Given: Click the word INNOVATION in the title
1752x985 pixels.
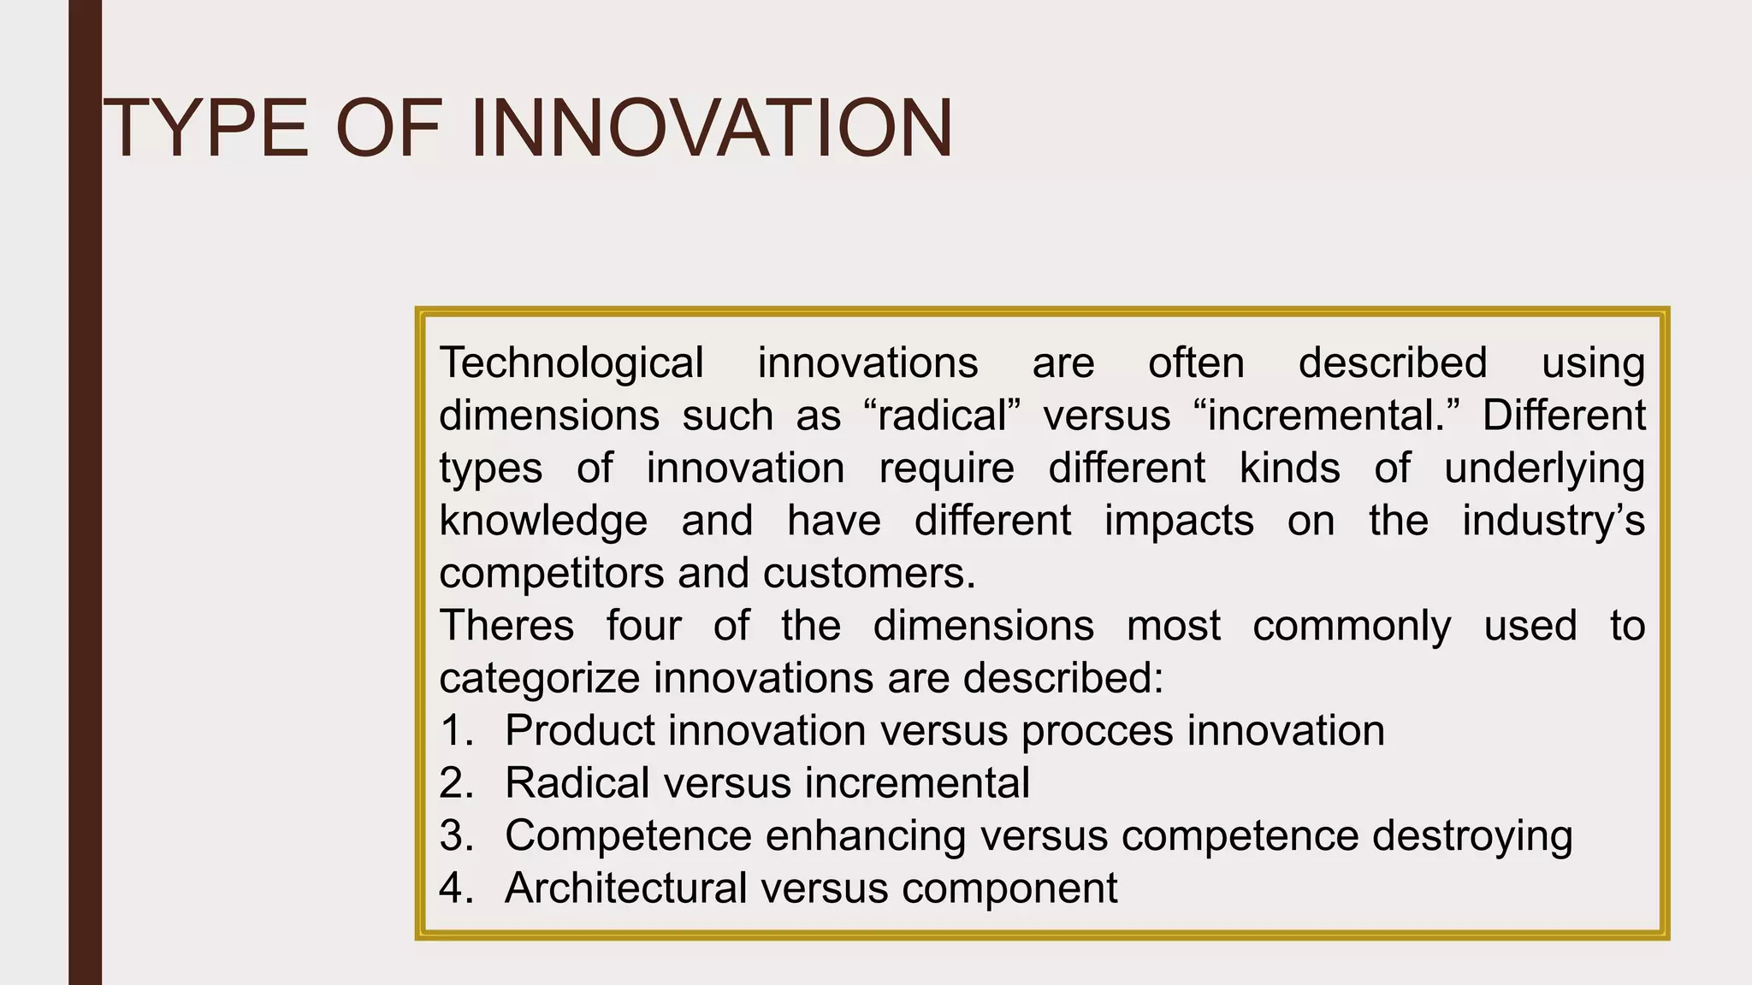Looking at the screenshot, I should [x=712, y=129].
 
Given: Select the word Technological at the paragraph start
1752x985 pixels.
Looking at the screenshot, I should [x=571, y=363].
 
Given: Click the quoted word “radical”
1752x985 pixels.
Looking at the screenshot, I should [x=943, y=416].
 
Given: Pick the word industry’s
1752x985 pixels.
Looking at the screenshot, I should [x=1553, y=521].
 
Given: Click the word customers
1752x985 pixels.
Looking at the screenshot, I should [x=869, y=573].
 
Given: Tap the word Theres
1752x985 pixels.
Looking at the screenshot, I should [x=506, y=625].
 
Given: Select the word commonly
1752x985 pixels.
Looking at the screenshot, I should [x=1352, y=625].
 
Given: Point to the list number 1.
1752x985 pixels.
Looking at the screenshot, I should [x=457, y=731].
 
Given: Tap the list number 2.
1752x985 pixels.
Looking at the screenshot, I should [x=457, y=783].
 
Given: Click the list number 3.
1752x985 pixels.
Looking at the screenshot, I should [x=457, y=835].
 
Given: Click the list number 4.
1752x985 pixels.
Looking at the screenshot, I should [x=457, y=888].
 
